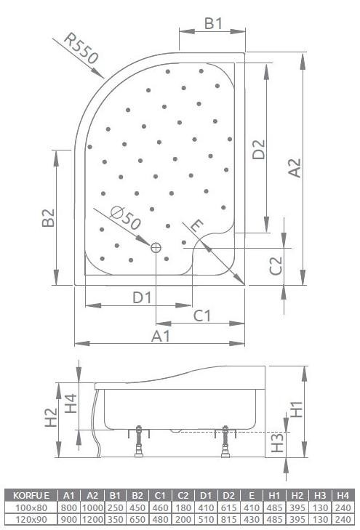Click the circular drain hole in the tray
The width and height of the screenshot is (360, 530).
click(x=156, y=248)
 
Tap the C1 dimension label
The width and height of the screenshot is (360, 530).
click(x=201, y=316)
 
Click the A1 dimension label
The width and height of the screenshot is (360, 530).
click(x=161, y=336)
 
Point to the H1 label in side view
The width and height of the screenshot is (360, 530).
click(x=296, y=410)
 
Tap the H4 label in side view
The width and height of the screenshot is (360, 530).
click(x=70, y=403)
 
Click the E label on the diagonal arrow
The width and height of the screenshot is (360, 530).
click(x=195, y=225)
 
